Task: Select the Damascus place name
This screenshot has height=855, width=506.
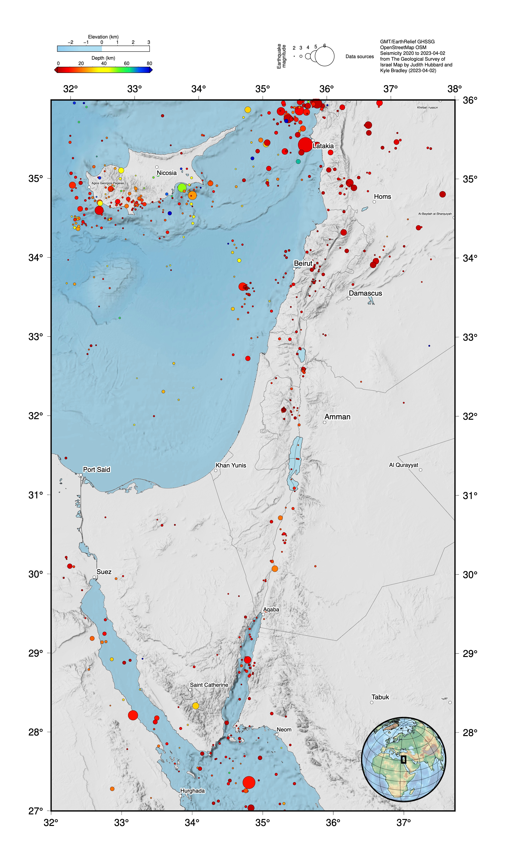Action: (x=365, y=293)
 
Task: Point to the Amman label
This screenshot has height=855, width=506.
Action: (x=337, y=417)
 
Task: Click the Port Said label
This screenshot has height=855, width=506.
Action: (x=97, y=470)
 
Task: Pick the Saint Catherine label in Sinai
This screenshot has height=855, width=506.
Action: (x=209, y=685)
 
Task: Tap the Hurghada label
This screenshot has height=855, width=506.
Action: (x=192, y=791)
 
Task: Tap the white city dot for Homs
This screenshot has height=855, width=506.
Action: (x=374, y=202)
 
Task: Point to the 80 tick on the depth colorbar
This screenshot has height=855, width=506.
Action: (x=149, y=64)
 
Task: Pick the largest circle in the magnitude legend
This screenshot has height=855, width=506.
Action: (x=324, y=56)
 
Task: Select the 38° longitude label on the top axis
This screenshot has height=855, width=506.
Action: (x=454, y=89)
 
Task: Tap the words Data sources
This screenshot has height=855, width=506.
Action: (x=359, y=57)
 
